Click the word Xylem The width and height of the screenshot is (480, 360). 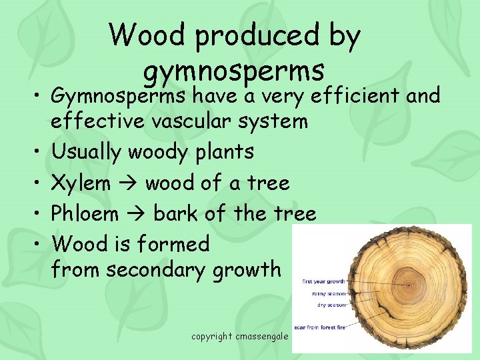point(81,183)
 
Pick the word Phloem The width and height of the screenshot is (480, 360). point(85,213)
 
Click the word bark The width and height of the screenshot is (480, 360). point(176,213)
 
